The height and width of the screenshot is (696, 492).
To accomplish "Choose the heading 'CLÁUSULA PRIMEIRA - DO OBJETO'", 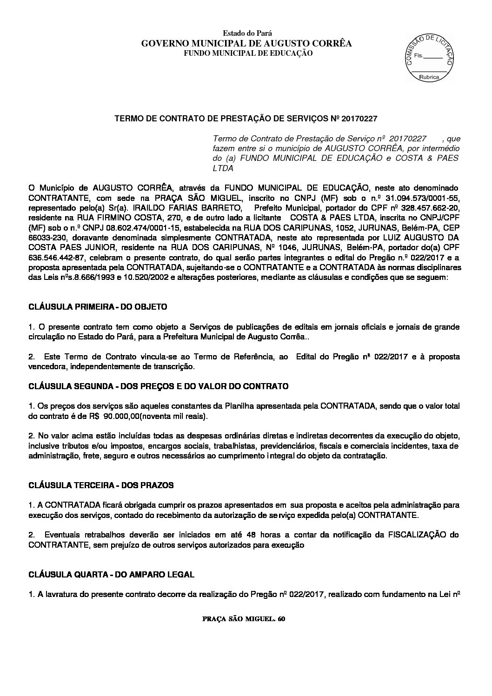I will [98, 307].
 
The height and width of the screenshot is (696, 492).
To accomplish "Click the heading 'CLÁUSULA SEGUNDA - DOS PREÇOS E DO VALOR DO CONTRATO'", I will [159, 386].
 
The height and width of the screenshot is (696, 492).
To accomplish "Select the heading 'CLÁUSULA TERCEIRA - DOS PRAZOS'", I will [101, 485].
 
